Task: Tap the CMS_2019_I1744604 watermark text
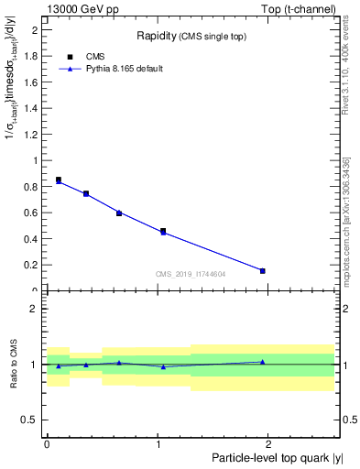pos(191,273)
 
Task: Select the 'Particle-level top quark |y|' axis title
pos(276,458)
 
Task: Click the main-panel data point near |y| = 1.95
pos(263,270)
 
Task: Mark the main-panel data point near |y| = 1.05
pos(163,232)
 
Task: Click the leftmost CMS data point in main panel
pos(59,180)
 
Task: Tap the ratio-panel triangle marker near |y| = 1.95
pos(263,362)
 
